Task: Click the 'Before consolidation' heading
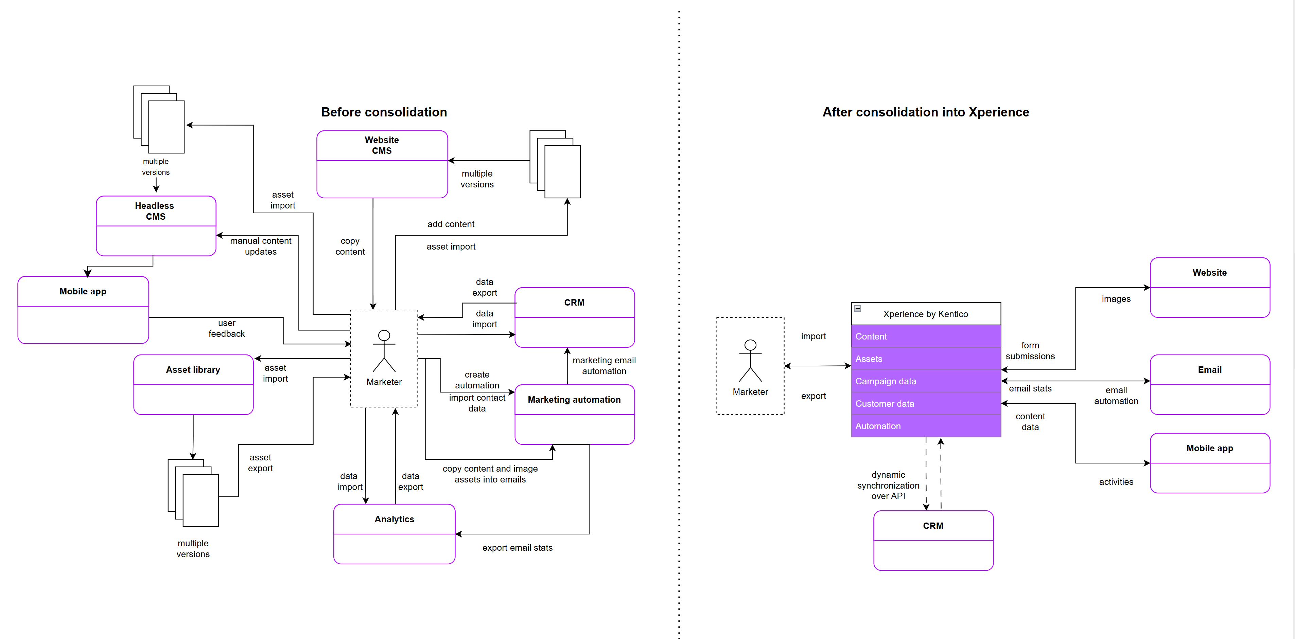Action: [x=384, y=112]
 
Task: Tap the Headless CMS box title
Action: [x=155, y=211]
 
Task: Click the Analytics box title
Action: [x=394, y=519]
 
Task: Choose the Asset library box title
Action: [x=193, y=370]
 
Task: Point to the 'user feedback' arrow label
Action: [x=226, y=328]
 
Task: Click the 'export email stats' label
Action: [x=517, y=548]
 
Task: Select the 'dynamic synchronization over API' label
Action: [x=888, y=485]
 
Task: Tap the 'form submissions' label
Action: [x=1030, y=351]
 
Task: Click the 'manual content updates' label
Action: [x=260, y=246]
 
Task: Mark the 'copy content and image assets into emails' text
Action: [x=490, y=474]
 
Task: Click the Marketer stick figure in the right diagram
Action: [x=750, y=361]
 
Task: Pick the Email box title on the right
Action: [x=1209, y=370]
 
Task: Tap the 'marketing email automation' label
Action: [x=604, y=366]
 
